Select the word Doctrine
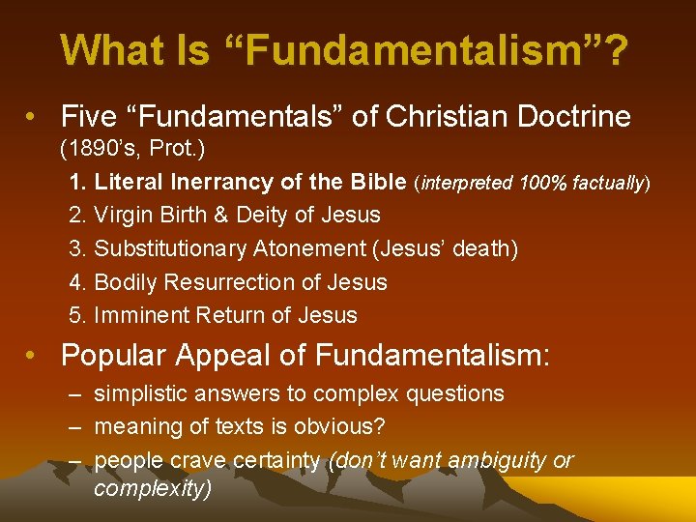tap(570, 117)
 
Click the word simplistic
tap(142, 393)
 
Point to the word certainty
tap(275, 461)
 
